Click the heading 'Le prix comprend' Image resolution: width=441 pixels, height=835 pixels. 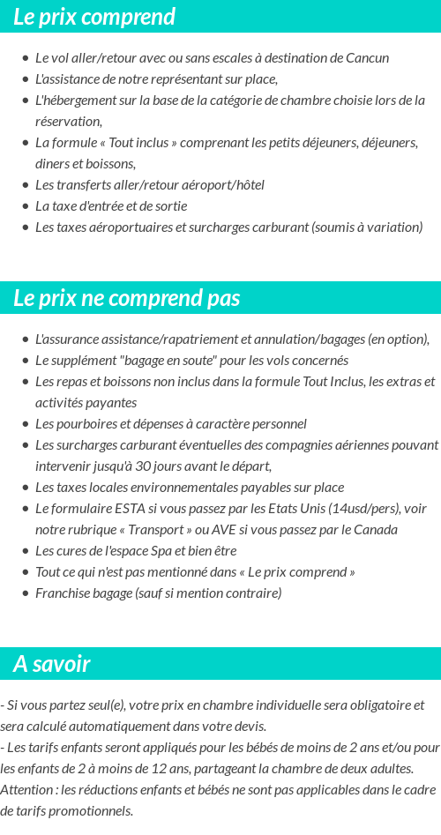point(94,17)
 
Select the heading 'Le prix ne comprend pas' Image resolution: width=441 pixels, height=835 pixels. point(127,298)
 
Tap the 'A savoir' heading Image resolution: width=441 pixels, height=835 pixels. point(52,664)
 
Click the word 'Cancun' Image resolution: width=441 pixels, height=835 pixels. point(367,58)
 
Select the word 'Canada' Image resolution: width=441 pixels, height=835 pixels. point(375,530)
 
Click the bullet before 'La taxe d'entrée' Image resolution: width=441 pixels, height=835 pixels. point(25,206)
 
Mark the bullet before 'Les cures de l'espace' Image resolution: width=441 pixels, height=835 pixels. point(25,551)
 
